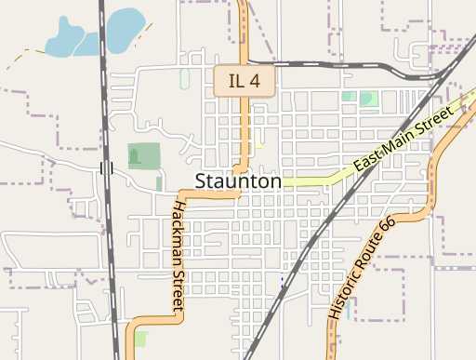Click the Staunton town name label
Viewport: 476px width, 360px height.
tap(238, 181)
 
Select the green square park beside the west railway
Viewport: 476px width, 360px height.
tap(143, 156)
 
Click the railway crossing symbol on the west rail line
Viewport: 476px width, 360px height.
tap(105, 168)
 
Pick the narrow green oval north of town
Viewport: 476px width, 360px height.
tap(184, 80)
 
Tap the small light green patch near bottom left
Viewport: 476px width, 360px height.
tap(139, 339)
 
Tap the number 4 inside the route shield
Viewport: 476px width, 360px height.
tap(256, 80)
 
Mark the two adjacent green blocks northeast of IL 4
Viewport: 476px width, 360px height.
tap(359, 97)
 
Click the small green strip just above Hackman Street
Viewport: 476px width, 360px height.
tap(159, 183)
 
